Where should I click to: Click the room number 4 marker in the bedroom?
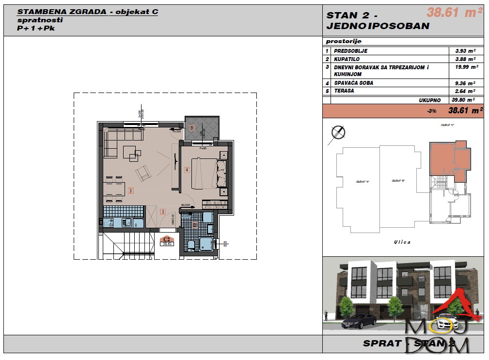pyautogui.click(x=187, y=170)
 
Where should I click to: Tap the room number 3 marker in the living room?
pyautogui.click(x=130, y=191)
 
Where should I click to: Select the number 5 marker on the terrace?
pyautogui.click(x=192, y=128)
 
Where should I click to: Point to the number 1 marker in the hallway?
pyautogui.click(x=163, y=211)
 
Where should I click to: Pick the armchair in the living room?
pyautogui.click(x=143, y=172)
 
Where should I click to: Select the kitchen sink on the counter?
pyautogui.click(x=127, y=223)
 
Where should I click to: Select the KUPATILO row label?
pyautogui.click(x=347, y=59)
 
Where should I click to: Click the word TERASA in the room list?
pyautogui.click(x=344, y=91)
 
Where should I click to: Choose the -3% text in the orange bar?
pyautogui.click(x=432, y=111)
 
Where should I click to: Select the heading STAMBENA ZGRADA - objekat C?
pyautogui.click(x=87, y=12)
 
